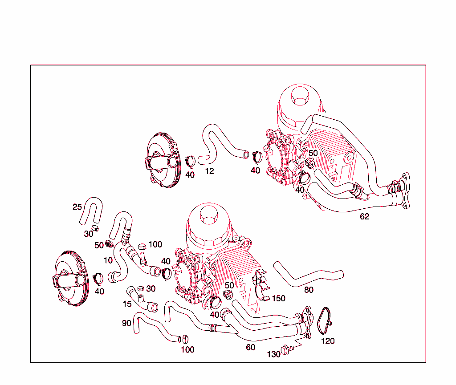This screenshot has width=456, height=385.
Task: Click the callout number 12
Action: pyautogui.click(x=209, y=171)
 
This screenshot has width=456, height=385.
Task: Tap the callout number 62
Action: pyautogui.click(x=364, y=217)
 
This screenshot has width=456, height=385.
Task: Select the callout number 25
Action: pyautogui.click(x=77, y=207)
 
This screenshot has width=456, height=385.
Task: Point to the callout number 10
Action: pyautogui.click(x=108, y=260)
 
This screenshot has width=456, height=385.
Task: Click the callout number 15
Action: pyautogui.click(x=127, y=304)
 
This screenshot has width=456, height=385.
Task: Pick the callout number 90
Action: pyautogui.click(x=127, y=323)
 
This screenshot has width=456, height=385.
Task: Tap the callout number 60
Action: pyautogui.click(x=251, y=347)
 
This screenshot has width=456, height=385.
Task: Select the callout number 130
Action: pyautogui.click(x=274, y=354)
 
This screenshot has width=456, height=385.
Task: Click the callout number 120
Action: pyautogui.click(x=328, y=341)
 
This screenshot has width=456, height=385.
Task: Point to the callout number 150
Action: pyautogui.click(x=279, y=298)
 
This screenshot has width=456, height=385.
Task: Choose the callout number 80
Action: pyautogui.click(x=309, y=290)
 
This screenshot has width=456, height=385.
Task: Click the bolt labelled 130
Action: pyautogui.click(x=287, y=350)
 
